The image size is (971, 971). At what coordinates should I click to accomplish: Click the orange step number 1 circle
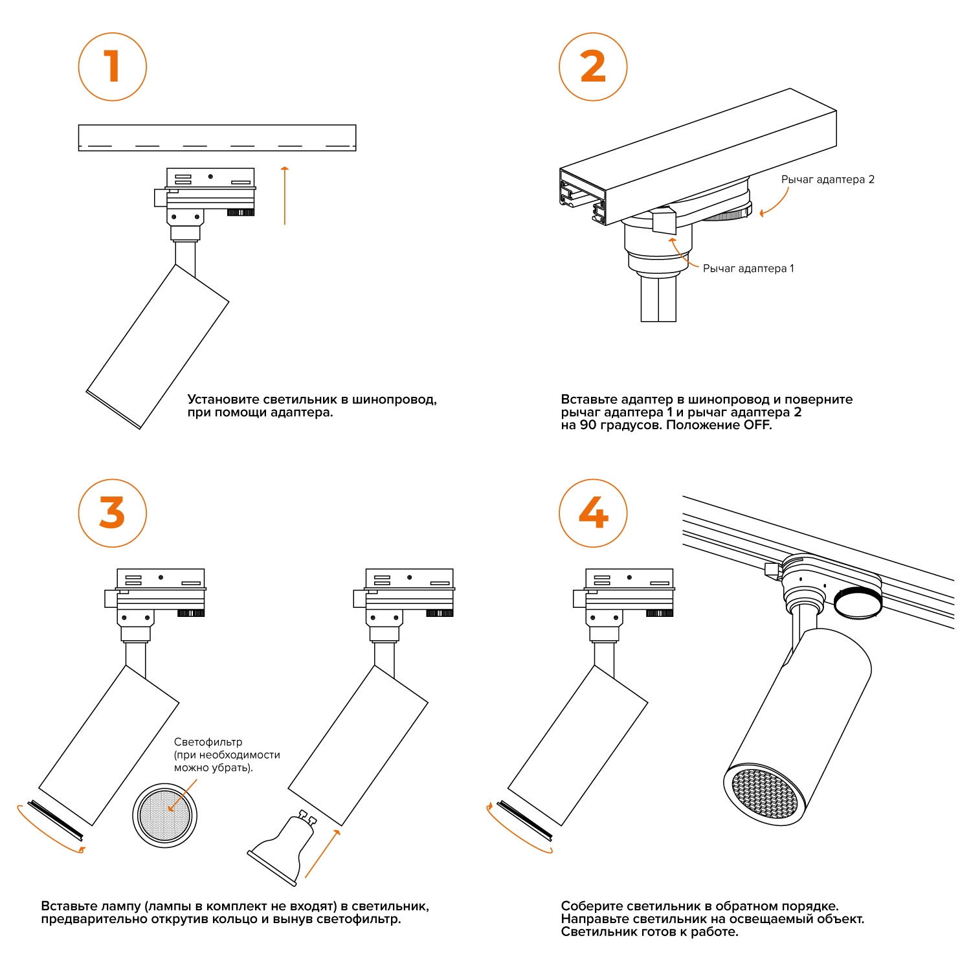pos(113,67)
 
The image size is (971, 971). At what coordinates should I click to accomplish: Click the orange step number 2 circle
pos(593,67)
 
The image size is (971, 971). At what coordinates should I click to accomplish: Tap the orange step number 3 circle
pos(113,513)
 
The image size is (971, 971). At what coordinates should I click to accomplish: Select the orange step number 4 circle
pos(593,513)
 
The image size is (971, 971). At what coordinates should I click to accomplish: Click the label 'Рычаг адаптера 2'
pos(827,179)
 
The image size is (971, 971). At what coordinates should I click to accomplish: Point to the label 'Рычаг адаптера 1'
pos(748,268)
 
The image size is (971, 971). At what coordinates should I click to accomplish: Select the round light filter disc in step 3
pos(165,815)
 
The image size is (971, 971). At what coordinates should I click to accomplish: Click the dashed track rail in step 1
pos(217,138)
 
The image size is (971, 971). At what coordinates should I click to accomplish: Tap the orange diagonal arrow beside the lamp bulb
pos(322,854)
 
